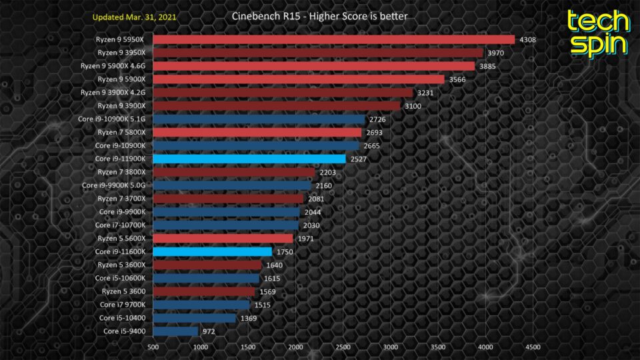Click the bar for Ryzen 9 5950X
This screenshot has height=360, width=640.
point(333,39)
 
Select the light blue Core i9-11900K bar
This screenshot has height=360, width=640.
point(249,159)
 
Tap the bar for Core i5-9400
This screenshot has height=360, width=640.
point(175,331)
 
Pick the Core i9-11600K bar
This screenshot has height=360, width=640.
point(212,251)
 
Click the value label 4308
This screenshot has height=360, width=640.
point(528,39)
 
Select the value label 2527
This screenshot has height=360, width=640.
point(359,159)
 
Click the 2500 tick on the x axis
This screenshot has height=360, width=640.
point(343,347)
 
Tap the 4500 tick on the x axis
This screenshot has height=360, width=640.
point(533,347)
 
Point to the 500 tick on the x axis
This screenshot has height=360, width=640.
point(153,347)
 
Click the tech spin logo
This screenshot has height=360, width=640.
point(597,32)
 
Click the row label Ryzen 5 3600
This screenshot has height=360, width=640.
point(124,291)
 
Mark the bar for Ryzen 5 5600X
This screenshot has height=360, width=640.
point(223,238)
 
